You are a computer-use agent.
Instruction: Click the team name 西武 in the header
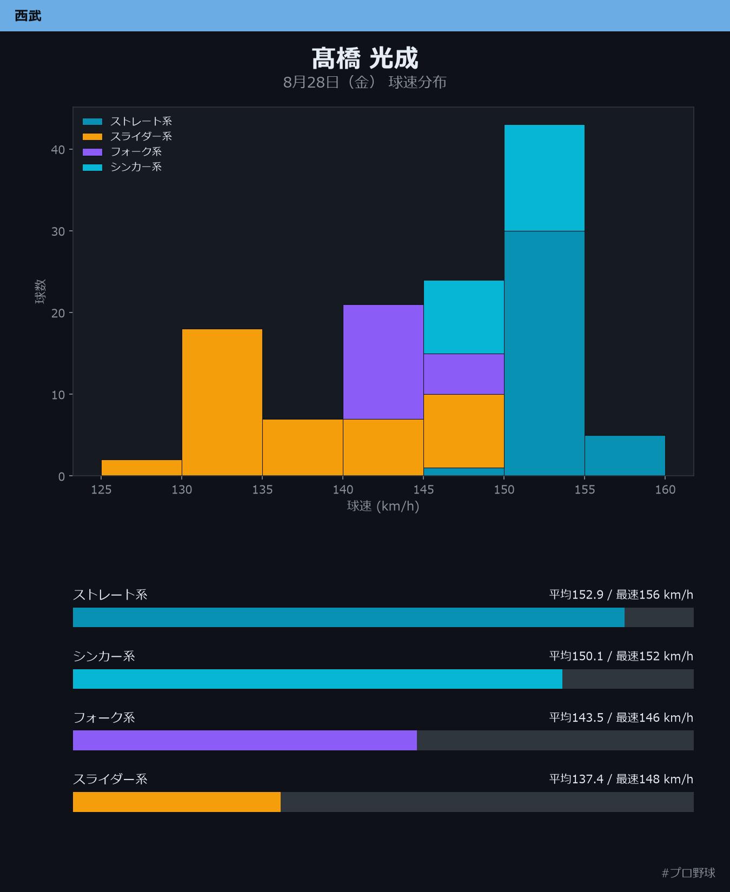click(28, 16)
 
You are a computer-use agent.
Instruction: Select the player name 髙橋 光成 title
click(365, 58)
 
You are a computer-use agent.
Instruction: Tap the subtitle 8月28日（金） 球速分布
click(365, 82)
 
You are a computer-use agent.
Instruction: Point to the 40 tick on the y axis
click(58, 150)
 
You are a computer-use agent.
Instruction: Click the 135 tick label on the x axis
click(262, 490)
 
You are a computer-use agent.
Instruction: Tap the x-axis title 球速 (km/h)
click(383, 506)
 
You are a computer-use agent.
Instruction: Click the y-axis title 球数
click(41, 291)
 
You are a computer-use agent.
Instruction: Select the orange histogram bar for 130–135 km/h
click(222, 402)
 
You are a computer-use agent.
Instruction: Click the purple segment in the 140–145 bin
click(383, 362)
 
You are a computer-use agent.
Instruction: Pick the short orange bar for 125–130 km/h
click(142, 468)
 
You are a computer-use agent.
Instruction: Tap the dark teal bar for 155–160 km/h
click(625, 456)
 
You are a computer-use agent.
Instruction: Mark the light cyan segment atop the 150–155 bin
click(545, 178)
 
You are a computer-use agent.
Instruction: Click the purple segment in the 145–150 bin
click(464, 374)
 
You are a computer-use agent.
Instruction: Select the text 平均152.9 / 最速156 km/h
click(621, 595)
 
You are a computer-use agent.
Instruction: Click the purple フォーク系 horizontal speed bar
click(245, 740)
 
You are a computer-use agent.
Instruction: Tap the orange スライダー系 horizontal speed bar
click(177, 802)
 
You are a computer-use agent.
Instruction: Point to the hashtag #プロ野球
click(688, 873)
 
